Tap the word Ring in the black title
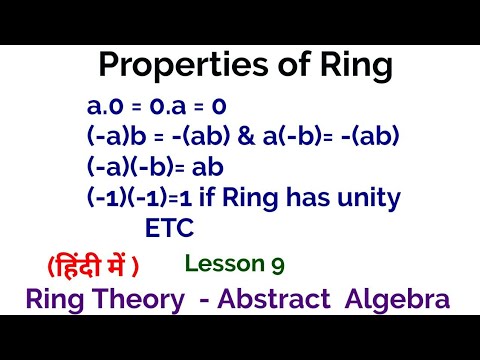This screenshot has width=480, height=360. tap(346, 67)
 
